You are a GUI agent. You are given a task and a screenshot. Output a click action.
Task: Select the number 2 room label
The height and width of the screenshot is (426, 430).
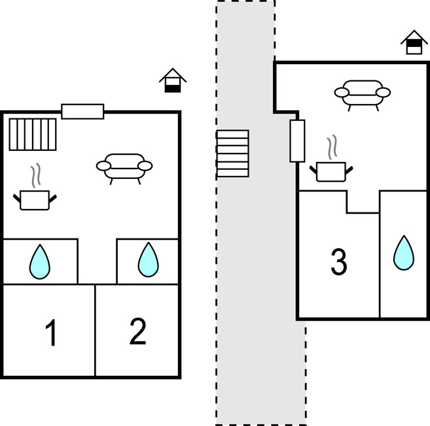137,332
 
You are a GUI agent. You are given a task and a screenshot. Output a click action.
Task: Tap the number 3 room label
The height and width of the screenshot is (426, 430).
338,263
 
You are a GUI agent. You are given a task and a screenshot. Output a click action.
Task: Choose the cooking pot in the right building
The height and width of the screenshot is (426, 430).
331,171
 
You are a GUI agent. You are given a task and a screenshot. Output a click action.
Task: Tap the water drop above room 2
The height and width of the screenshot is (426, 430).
149,259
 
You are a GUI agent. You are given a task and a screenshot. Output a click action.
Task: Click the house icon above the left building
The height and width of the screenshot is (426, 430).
173,80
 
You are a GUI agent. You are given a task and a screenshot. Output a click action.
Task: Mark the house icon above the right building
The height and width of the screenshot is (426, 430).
414,42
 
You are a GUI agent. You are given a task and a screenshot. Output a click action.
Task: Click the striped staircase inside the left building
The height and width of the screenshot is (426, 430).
33,134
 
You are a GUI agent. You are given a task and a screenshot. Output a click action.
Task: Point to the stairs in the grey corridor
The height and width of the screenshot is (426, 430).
233,154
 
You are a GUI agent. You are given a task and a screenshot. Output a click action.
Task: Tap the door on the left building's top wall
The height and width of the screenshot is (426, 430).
82,111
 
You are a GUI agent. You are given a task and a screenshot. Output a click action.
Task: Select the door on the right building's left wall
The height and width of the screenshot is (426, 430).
297,140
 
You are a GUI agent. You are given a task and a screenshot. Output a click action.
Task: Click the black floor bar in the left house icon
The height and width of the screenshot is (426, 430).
173,88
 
